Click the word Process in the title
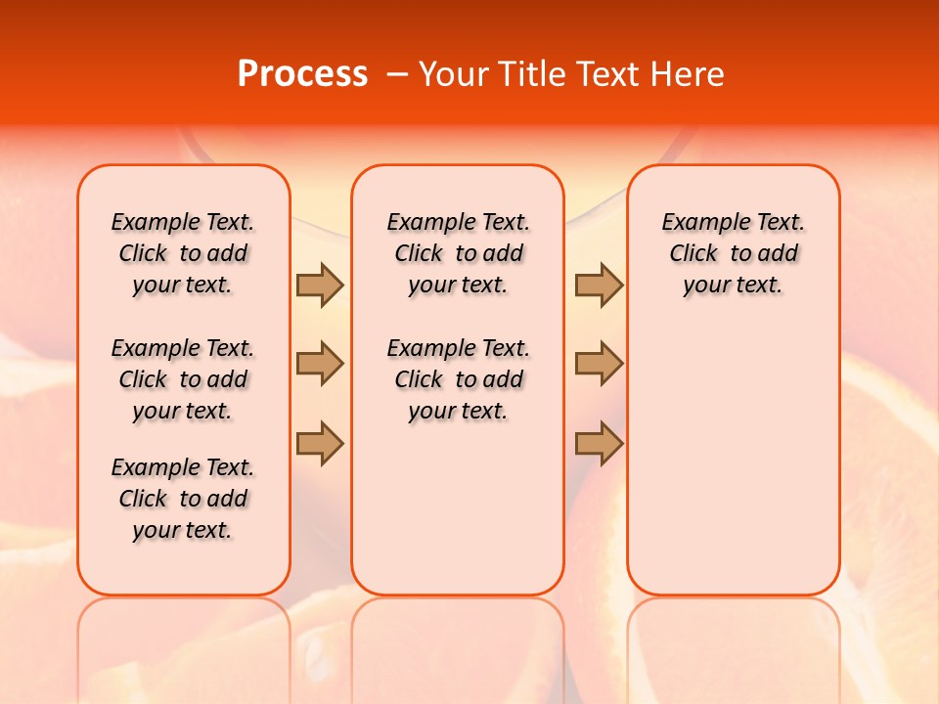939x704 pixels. click(302, 74)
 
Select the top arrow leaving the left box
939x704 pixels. click(320, 285)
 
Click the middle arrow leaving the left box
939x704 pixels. click(320, 364)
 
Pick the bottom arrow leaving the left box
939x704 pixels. click(320, 443)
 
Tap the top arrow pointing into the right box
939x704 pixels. click(599, 285)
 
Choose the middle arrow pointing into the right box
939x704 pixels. click(599, 364)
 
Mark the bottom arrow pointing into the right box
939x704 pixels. click(599, 443)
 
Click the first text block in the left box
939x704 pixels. click(183, 253)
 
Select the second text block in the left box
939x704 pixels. click(183, 379)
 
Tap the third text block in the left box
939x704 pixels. click(183, 499)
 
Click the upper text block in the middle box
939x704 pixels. click(458, 253)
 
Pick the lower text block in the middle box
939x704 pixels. click(458, 379)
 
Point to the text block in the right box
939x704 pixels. click(733, 253)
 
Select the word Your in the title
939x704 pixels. click(455, 74)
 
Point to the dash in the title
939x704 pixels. click(397, 74)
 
